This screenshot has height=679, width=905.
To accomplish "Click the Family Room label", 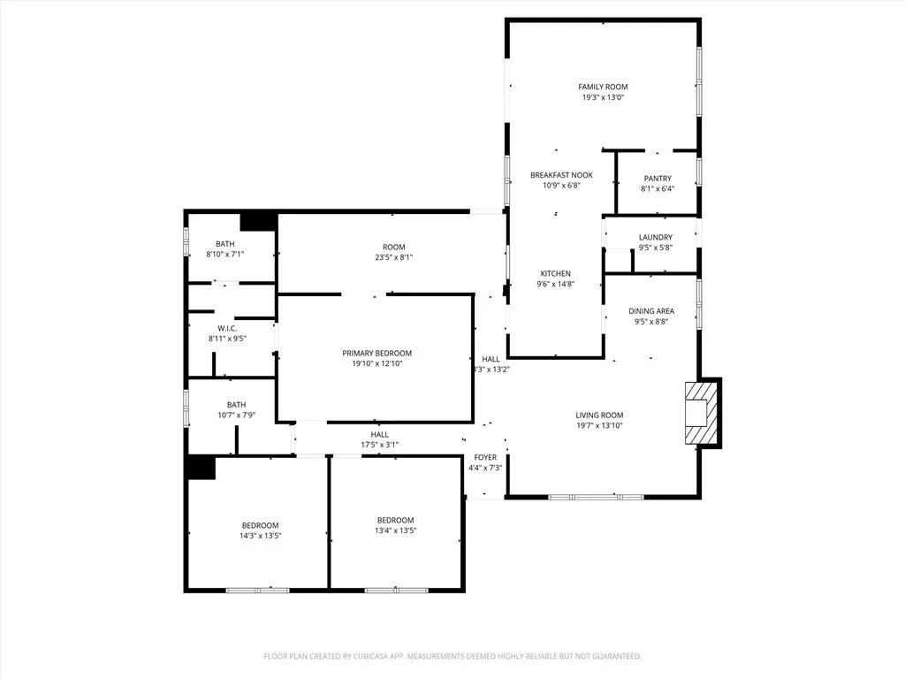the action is [603, 87].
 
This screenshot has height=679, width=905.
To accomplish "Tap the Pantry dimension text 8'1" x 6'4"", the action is [658, 189].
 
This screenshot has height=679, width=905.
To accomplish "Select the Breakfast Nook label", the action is [561, 175].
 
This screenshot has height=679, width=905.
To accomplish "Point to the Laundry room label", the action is [655, 237].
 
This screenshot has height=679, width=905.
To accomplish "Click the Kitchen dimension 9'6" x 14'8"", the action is [555, 284].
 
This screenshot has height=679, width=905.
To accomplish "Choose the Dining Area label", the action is [651, 311].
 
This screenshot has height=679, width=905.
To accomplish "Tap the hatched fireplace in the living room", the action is [701, 413].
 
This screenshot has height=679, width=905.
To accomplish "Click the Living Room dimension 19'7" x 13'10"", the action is [599, 425].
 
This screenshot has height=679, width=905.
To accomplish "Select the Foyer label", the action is [485, 457].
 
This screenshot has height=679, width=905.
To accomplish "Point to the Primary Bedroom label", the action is [376, 354].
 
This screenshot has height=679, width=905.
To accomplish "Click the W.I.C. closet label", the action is [227, 329].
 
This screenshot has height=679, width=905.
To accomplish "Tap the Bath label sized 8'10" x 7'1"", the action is [225, 244].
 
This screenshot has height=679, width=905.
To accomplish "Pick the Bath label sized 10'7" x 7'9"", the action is [236, 405].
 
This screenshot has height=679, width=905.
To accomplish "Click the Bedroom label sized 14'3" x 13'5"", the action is [261, 525].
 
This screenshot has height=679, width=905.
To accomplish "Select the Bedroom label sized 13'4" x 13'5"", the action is [395, 520].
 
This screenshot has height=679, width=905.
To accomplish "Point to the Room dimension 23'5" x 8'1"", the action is [393, 257].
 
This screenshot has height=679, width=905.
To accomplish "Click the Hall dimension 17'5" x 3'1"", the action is [380, 446].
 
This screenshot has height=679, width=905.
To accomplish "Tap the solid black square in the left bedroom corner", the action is [202, 468].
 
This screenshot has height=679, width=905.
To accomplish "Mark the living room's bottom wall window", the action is [596, 497].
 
